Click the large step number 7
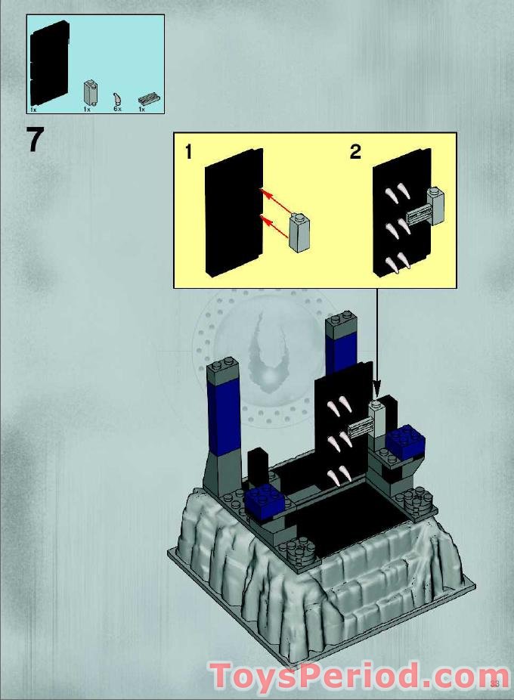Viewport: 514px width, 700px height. point(36,140)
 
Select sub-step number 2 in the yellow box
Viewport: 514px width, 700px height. point(355,152)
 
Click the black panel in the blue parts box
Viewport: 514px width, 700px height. point(49,61)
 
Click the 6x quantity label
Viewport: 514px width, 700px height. point(117,110)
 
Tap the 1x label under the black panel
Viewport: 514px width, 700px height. point(33,110)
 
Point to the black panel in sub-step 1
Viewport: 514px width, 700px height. point(233,212)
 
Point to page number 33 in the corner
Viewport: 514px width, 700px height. point(495,683)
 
